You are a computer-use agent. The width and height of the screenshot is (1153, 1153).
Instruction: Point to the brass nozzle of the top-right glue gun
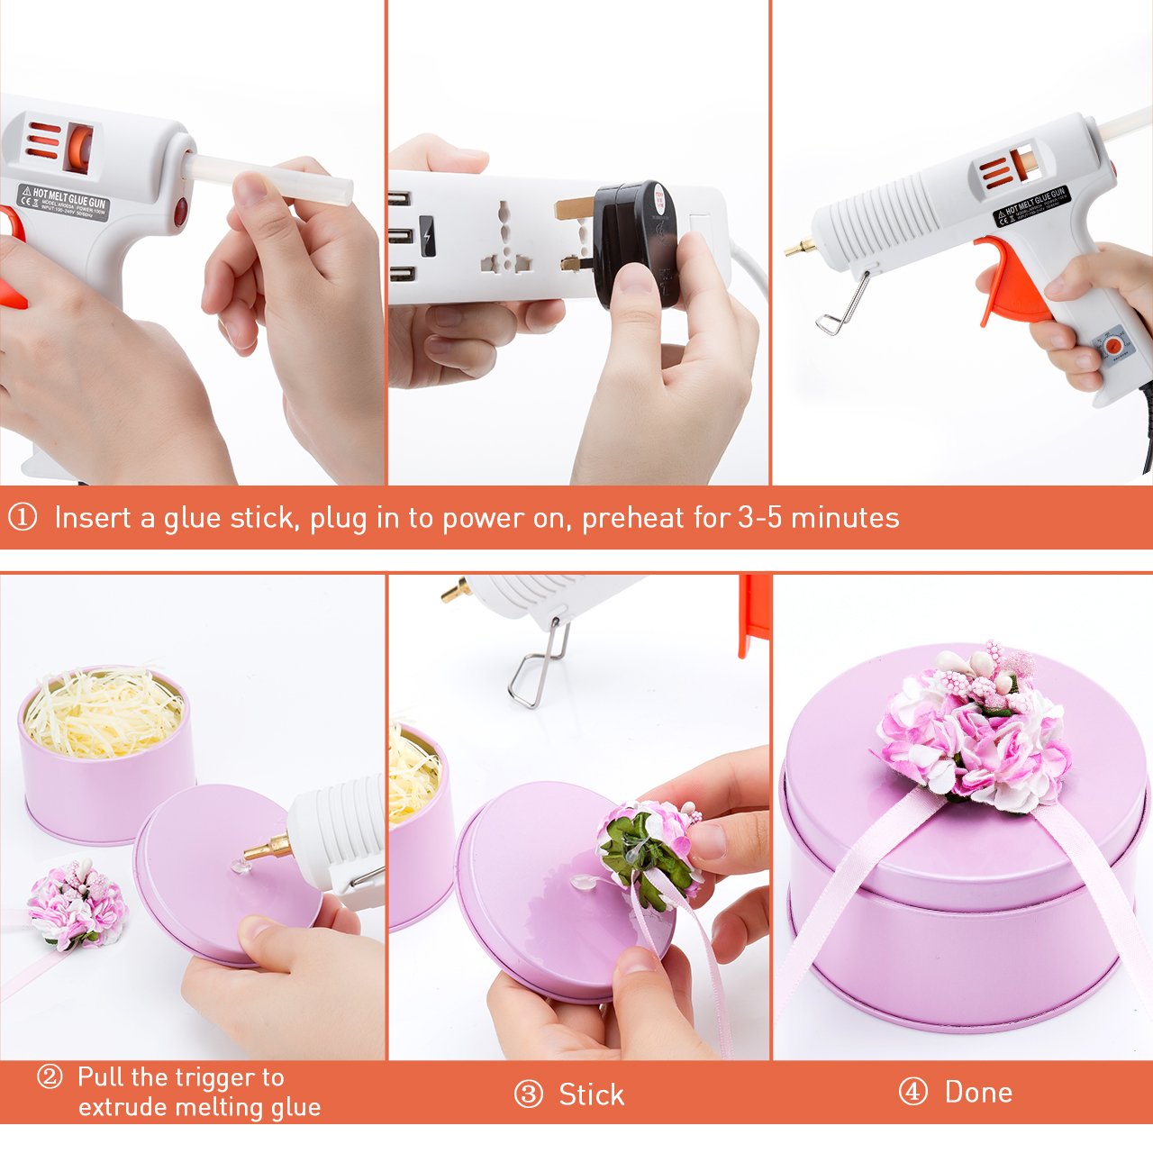click(798, 246)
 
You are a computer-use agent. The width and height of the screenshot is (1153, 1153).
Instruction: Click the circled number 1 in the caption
click(23, 517)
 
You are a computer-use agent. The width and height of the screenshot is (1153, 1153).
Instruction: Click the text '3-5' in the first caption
click(759, 517)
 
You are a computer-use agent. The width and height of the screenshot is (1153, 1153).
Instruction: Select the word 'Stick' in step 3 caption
click(591, 1094)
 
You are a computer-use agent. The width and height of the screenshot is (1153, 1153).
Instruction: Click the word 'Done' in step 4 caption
click(978, 1092)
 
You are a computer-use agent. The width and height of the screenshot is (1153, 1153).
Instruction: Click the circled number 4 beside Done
click(913, 1092)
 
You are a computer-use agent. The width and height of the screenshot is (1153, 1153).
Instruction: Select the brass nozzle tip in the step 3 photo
click(456, 590)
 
